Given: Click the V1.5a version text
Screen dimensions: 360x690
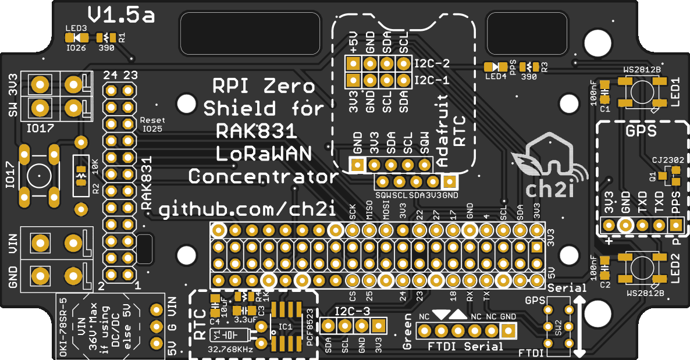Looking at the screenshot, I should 122,15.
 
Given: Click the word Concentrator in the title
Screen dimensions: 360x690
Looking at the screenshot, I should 264,176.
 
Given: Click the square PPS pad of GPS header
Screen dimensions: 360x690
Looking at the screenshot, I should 675,225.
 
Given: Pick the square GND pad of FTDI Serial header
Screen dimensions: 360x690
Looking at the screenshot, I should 508,331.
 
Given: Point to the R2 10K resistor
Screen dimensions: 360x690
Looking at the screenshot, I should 80,175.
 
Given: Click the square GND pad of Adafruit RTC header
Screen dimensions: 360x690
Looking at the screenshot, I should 357,165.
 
